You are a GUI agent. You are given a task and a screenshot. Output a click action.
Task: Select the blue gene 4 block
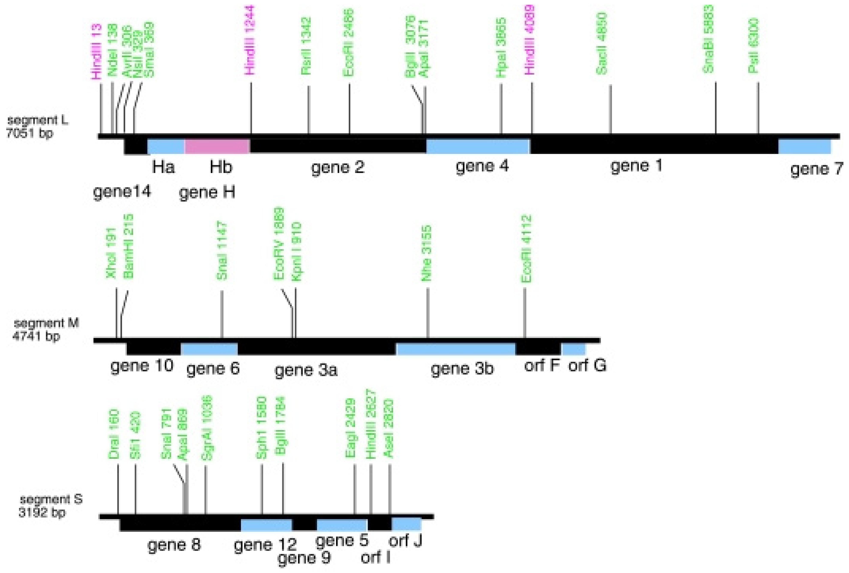(x=478, y=146)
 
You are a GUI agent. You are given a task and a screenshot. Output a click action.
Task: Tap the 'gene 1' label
(x=636, y=166)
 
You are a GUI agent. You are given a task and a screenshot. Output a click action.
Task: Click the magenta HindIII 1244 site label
(x=250, y=40)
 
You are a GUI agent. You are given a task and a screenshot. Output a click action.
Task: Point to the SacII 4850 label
(x=602, y=44)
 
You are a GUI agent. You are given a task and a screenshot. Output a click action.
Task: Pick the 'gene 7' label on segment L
(x=816, y=169)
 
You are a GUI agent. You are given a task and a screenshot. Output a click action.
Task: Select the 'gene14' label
(x=122, y=191)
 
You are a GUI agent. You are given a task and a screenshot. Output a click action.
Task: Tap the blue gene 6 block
(x=209, y=349)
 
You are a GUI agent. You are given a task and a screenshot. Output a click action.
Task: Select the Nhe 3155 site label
(x=427, y=254)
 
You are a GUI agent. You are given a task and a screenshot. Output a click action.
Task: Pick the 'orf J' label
(x=405, y=540)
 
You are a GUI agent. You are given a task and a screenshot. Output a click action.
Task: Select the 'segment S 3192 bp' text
(x=50, y=506)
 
